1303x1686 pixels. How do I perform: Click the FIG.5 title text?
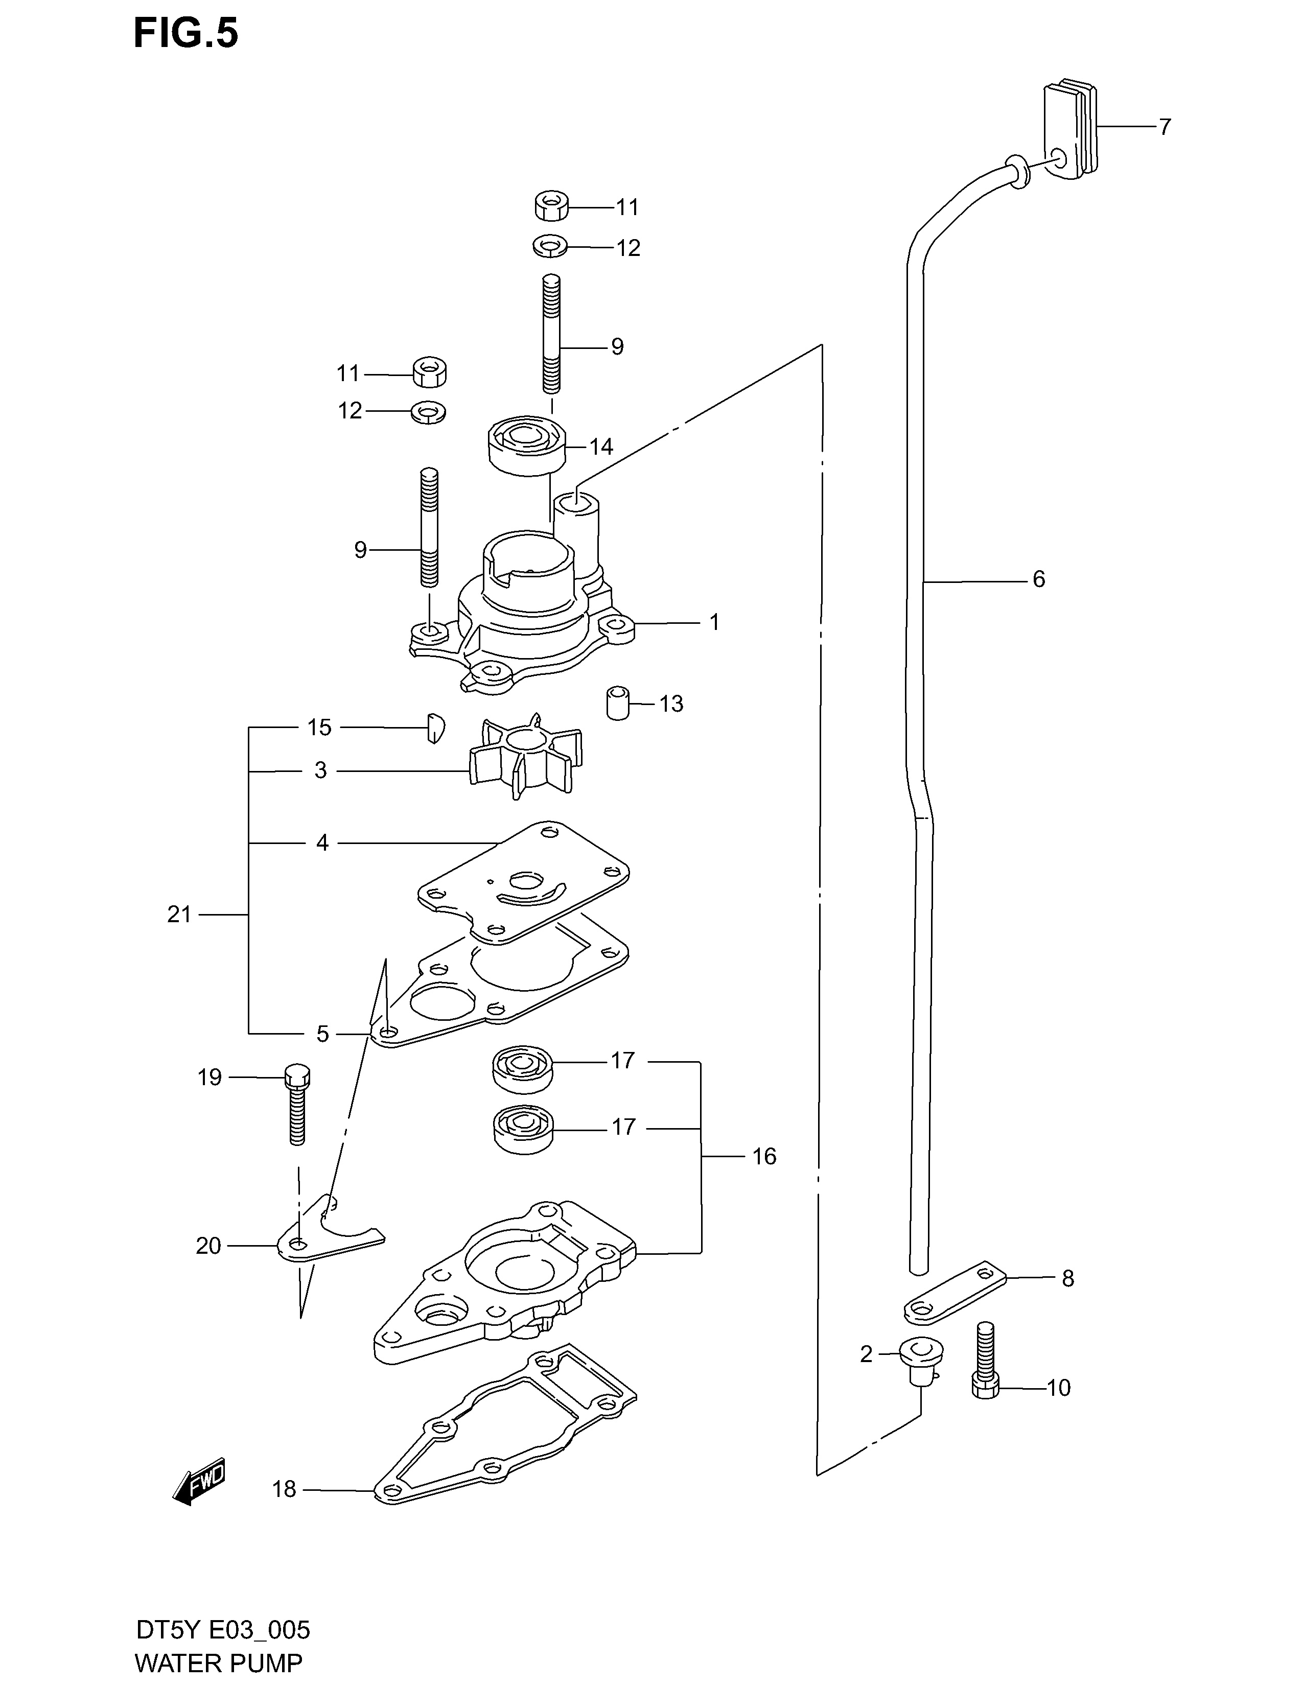pyautogui.click(x=186, y=34)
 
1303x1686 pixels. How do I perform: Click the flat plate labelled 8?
pyautogui.click(x=956, y=1292)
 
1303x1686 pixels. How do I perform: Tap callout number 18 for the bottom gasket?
pyautogui.click(x=284, y=1489)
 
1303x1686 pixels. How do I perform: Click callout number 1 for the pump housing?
pyautogui.click(x=715, y=621)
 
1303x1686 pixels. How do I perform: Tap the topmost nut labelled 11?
pyautogui.click(x=551, y=207)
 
